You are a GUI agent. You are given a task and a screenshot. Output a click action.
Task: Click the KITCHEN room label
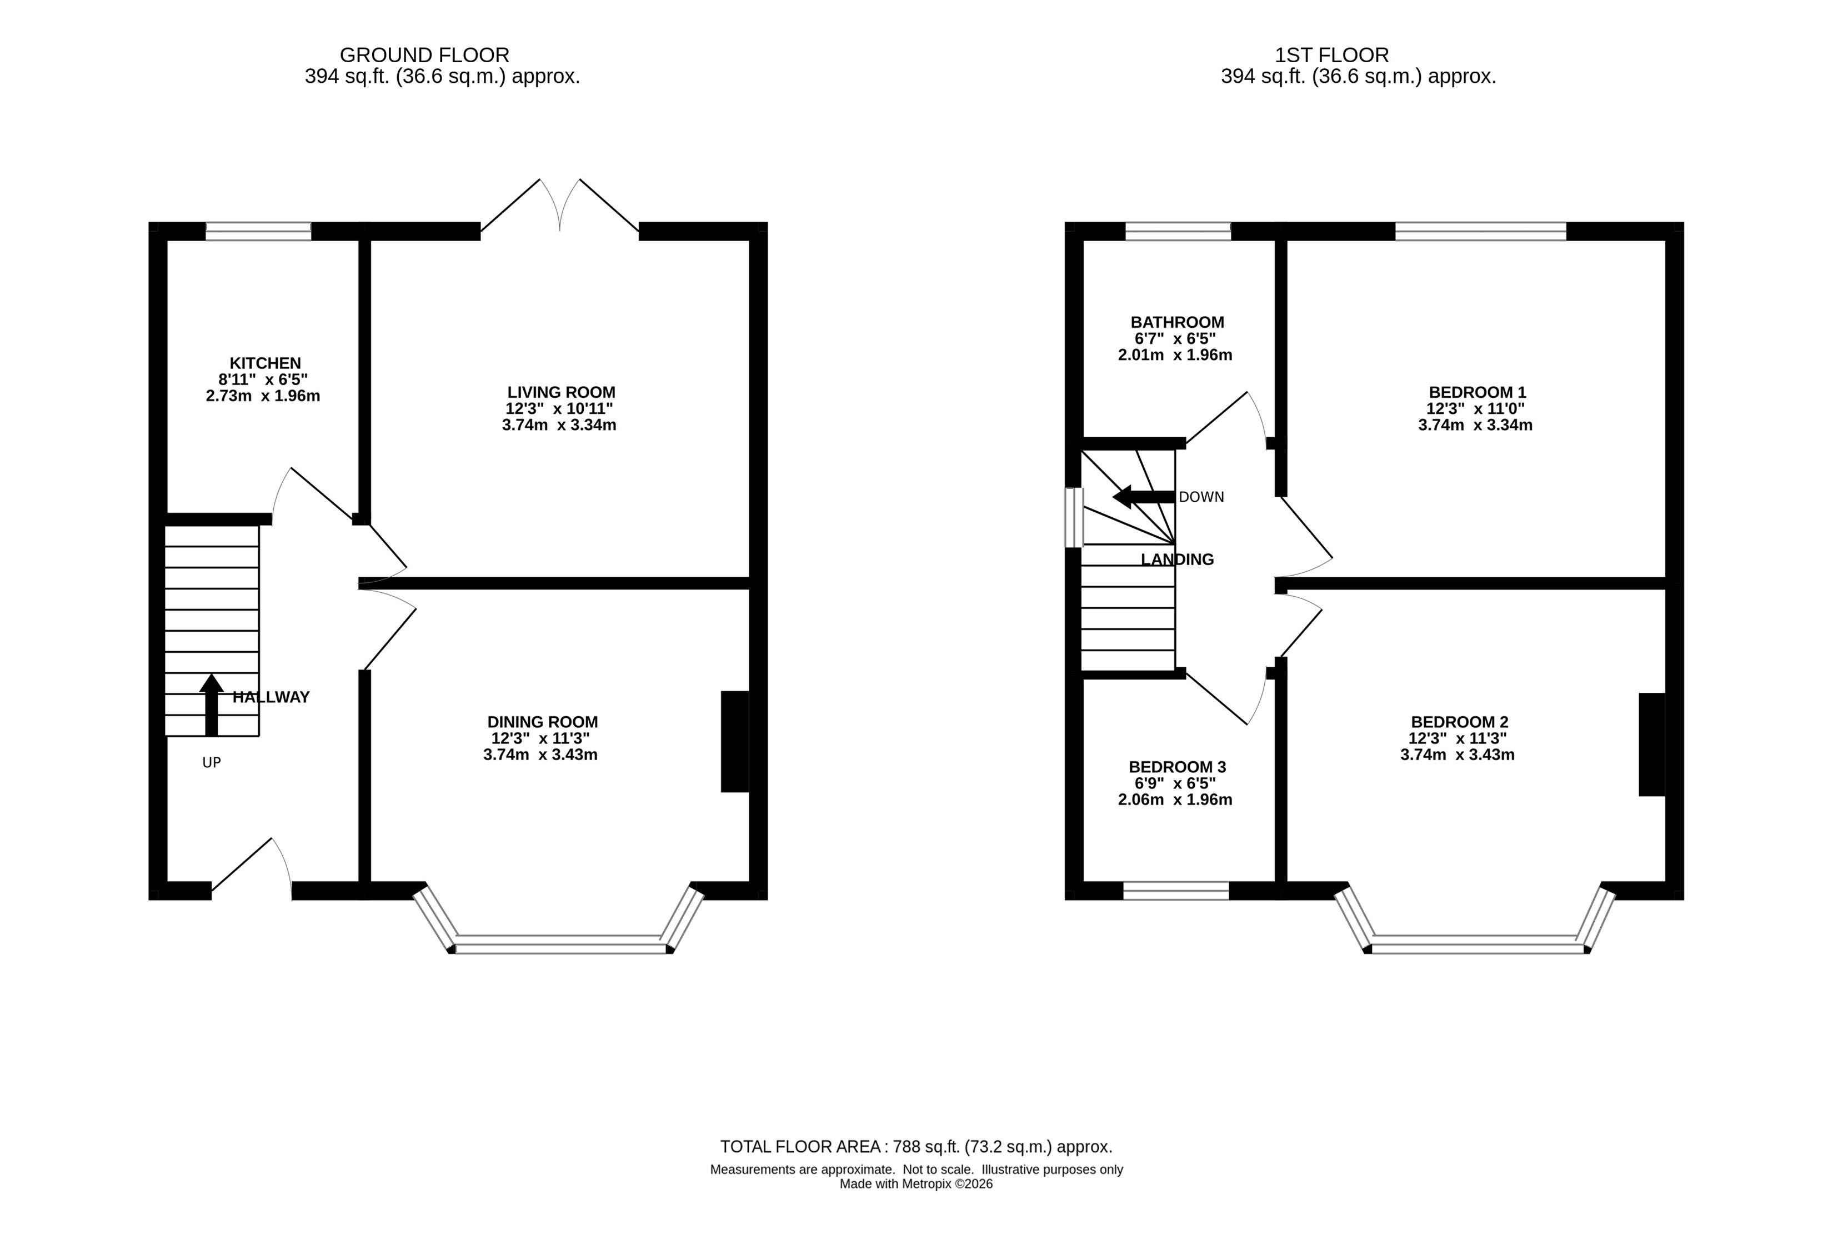tap(265, 363)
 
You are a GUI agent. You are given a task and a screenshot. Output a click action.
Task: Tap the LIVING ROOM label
tap(561, 392)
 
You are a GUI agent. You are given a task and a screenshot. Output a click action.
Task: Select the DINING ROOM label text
tap(543, 722)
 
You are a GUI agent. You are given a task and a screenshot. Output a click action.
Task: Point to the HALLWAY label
tap(271, 697)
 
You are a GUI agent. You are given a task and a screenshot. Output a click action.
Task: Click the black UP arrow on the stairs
tap(212, 705)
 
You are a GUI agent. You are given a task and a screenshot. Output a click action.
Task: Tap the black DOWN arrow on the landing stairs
tap(1144, 497)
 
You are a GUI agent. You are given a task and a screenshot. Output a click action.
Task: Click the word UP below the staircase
tap(212, 762)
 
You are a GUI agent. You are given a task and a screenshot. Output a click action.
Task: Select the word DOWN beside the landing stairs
tap(1201, 497)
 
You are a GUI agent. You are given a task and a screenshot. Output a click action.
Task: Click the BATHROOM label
tap(1177, 322)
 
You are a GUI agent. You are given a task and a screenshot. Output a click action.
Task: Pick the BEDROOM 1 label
tap(1478, 392)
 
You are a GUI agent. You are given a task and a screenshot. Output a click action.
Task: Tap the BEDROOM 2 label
tap(1459, 722)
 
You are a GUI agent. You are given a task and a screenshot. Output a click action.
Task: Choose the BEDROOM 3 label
tap(1177, 767)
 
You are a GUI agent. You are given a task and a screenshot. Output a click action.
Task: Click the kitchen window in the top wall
tap(259, 231)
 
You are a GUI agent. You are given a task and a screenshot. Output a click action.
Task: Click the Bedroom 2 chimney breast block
tap(1651, 744)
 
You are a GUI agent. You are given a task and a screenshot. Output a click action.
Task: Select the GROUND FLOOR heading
tap(424, 55)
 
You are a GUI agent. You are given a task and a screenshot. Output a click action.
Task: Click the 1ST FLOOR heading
tap(1332, 55)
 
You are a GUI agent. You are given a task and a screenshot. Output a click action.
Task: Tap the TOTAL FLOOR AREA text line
tap(916, 1146)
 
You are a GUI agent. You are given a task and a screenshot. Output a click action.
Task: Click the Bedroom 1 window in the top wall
tap(1480, 231)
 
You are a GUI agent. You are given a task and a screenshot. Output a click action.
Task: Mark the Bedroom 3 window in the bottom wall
tap(1176, 891)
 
